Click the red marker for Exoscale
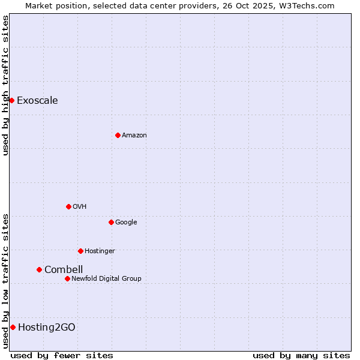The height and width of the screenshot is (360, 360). pos(11,100)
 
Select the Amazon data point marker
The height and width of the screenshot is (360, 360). pos(118,135)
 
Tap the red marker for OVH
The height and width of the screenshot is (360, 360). pos(68,206)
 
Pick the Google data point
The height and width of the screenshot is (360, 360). pos(111,222)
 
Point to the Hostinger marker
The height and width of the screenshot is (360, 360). pos(80,251)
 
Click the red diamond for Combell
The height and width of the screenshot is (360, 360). pos(39,270)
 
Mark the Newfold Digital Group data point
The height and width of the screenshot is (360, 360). pos(67,278)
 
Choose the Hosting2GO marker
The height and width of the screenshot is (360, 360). pos(13,327)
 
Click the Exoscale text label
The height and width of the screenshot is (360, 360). pos(37,100)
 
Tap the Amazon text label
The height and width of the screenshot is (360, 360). pos(134,135)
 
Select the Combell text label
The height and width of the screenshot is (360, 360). pos(64,270)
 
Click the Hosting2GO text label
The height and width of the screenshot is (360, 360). pos(47,327)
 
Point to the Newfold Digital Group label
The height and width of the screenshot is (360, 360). pos(106,278)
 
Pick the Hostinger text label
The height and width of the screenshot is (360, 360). pos(100,251)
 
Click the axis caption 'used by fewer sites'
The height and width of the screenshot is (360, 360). pos(62,355)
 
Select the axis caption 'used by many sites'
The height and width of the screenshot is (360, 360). pos(301,355)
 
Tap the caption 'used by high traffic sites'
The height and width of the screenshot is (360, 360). pos(5,85)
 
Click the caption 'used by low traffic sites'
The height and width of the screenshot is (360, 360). pos(5,281)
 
